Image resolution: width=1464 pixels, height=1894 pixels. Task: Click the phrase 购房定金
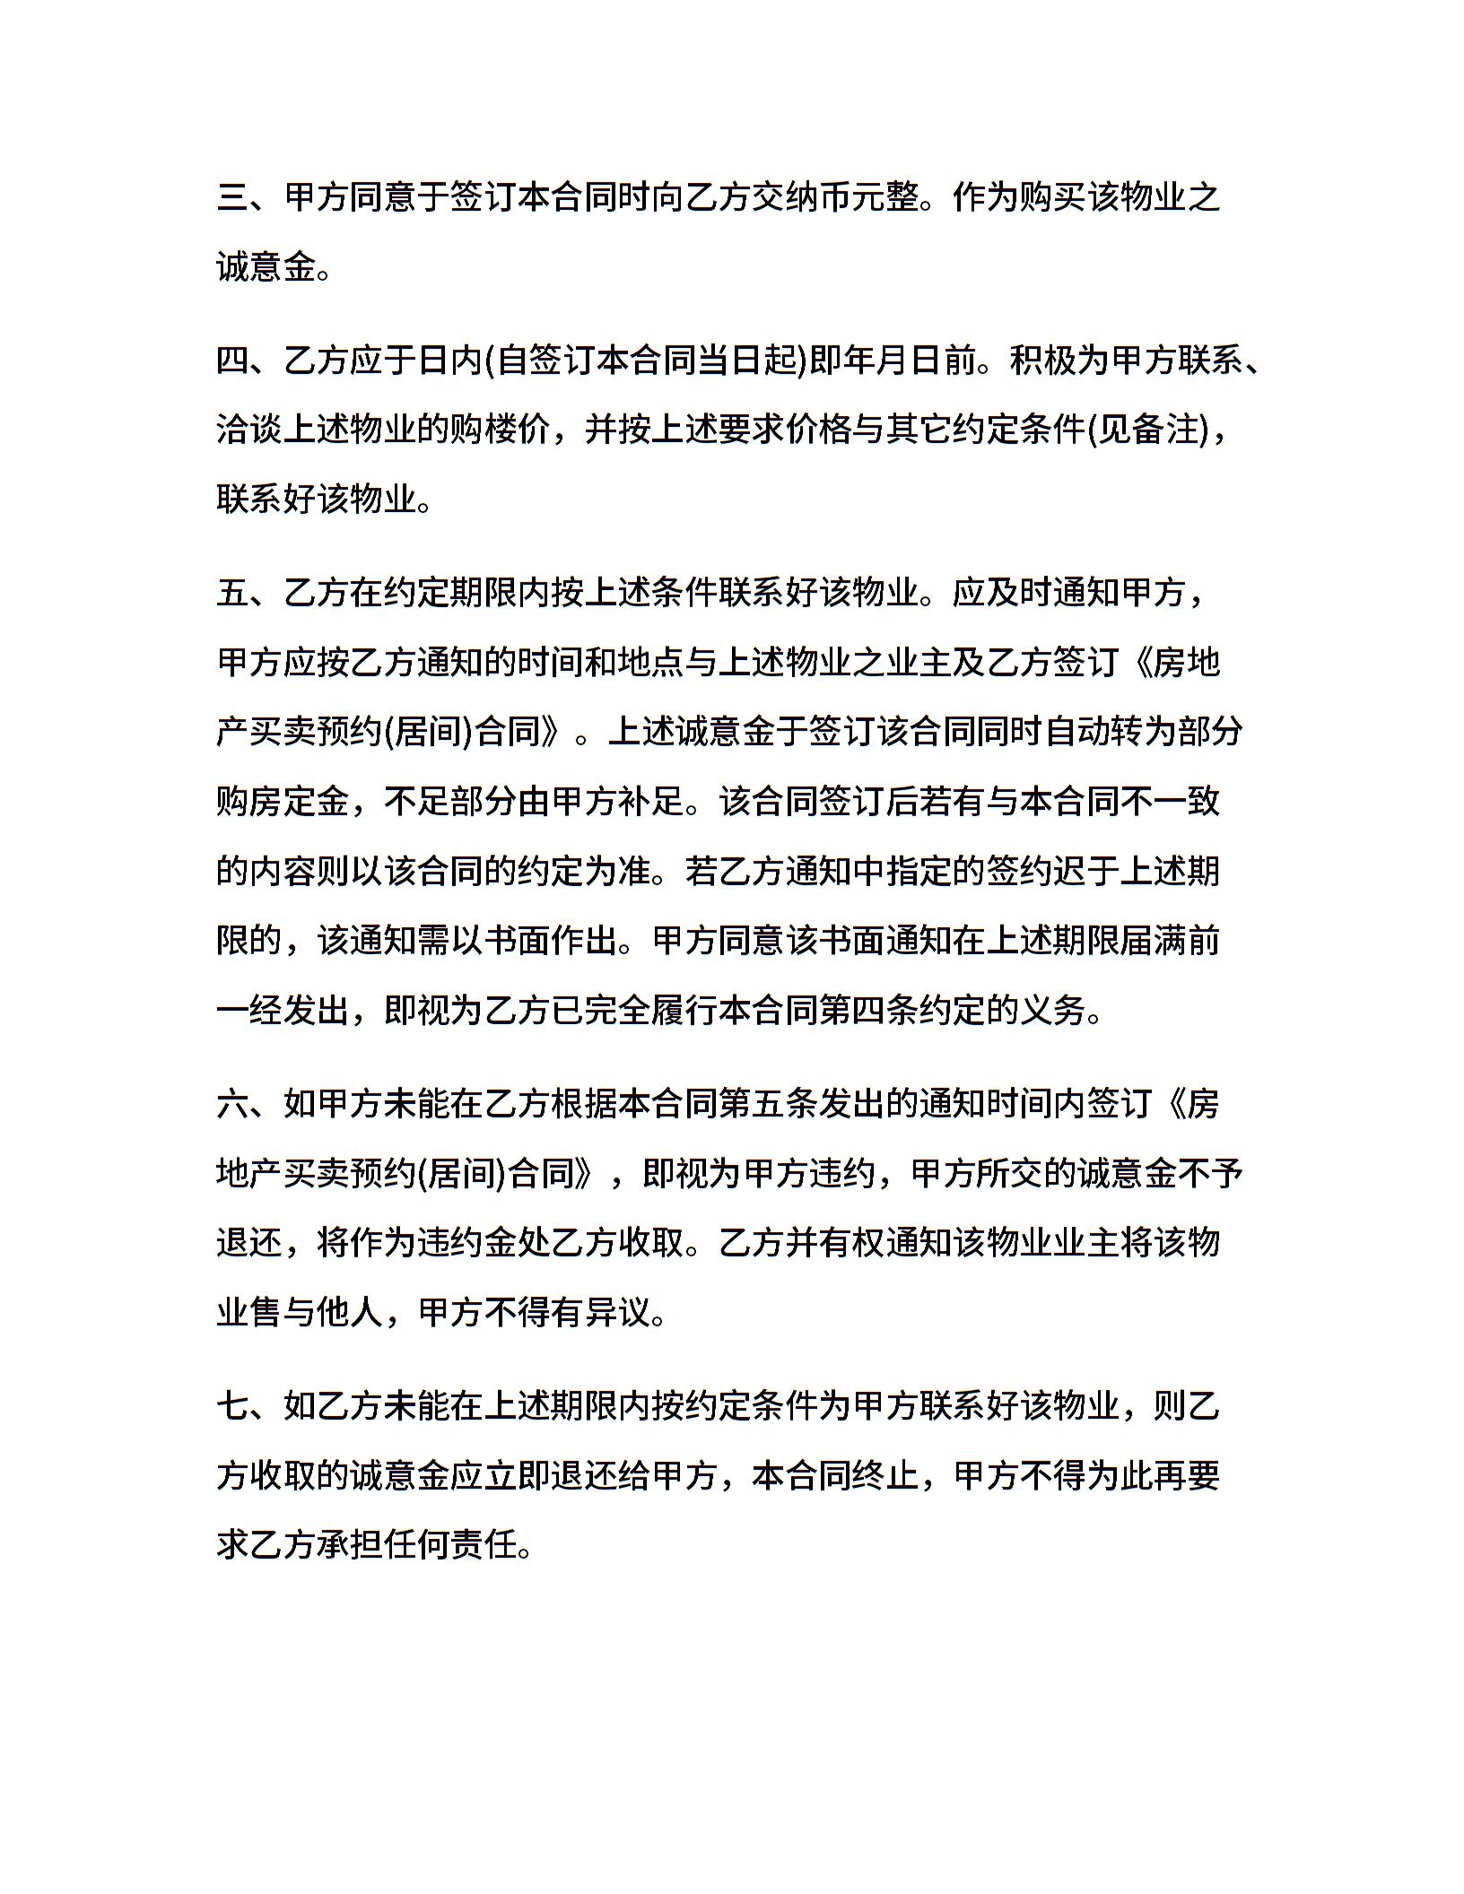coord(283,802)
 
